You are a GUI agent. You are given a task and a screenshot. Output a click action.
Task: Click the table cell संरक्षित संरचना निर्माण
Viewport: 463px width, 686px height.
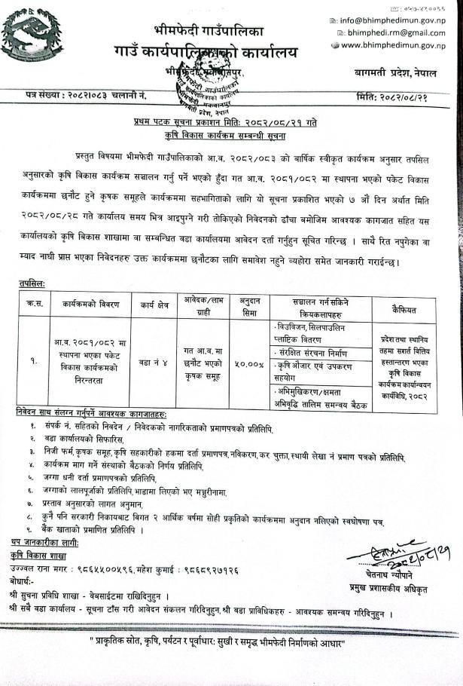(x=316, y=351)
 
